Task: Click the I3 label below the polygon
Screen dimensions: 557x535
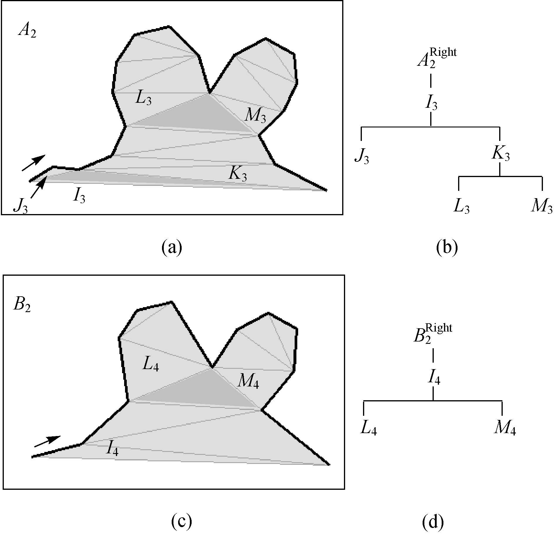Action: (x=79, y=196)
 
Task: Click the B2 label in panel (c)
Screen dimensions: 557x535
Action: (x=22, y=305)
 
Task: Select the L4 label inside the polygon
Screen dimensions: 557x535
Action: (x=151, y=364)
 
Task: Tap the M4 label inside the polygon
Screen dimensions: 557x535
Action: (x=248, y=381)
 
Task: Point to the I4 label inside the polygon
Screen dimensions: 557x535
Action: (x=113, y=448)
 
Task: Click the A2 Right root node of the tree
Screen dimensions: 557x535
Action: (x=436, y=58)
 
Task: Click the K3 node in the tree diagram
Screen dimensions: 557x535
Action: (x=501, y=154)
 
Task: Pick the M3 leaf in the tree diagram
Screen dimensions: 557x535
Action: (x=542, y=206)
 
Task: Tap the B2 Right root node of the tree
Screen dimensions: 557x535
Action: (x=433, y=333)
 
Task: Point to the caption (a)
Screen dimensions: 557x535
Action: (x=172, y=247)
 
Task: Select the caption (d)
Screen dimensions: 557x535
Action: (x=433, y=521)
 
